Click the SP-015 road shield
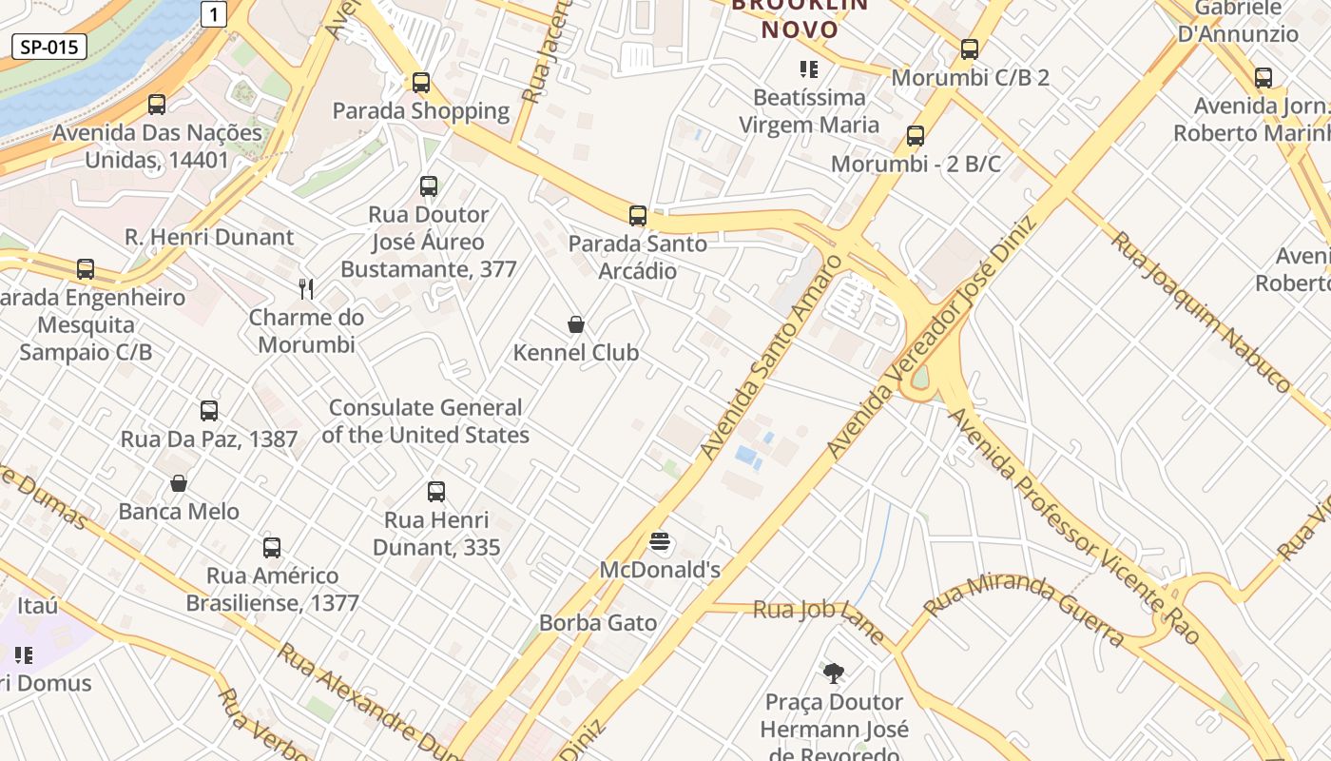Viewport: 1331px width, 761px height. tap(49, 47)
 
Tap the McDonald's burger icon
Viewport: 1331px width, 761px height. tap(661, 543)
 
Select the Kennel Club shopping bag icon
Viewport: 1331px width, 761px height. tap(576, 324)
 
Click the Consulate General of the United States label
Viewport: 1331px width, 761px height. tap(426, 421)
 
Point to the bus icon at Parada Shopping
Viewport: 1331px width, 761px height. tap(421, 83)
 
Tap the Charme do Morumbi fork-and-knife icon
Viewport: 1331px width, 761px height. tap(306, 288)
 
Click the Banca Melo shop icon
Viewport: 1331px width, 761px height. tap(179, 483)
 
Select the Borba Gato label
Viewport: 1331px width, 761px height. tap(598, 623)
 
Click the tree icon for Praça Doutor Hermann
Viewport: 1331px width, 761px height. tap(834, 674)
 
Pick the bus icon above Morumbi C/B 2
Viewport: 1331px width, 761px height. tap(970, 49)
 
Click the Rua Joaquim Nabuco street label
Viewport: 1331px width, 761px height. tap(1201, 310)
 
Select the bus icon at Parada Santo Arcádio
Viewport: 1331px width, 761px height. tap(638, 216)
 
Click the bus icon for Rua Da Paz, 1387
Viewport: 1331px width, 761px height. tap(209, 411)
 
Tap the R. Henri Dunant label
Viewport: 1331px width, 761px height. tap(210, 237)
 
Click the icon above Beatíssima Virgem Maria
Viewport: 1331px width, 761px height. tap(809, 68)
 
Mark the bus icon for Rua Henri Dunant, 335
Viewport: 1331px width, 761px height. tap(436, 492)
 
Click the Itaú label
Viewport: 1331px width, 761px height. tap(38, 605)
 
